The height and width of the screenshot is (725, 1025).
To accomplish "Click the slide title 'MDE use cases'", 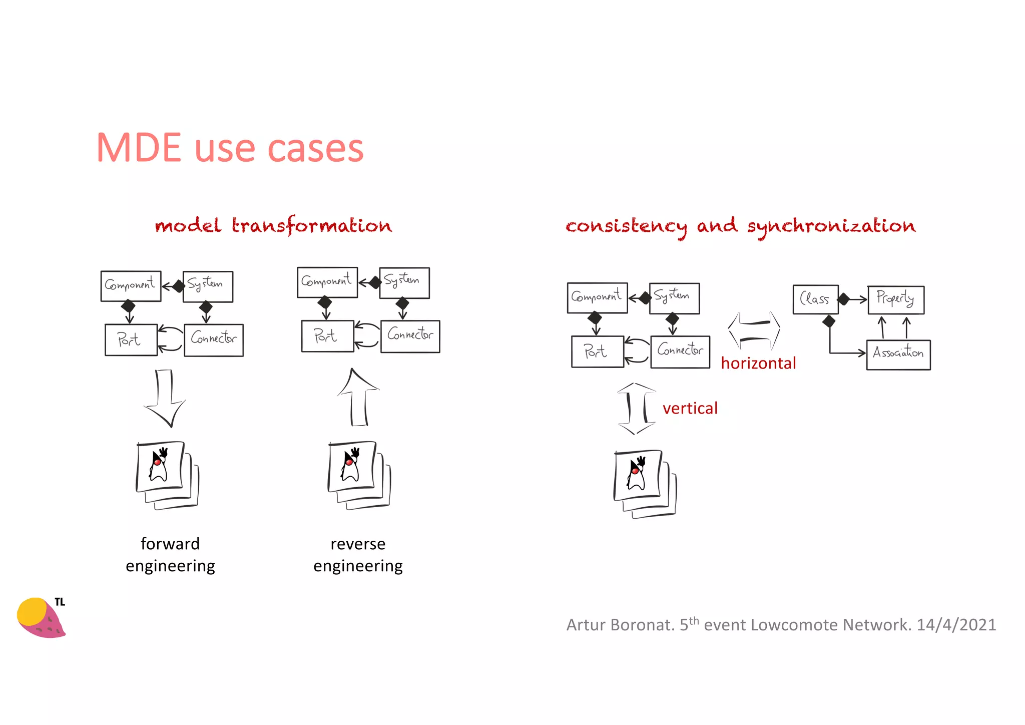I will click(230, 148).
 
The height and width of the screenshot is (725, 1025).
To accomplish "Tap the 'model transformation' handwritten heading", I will click(273, 226).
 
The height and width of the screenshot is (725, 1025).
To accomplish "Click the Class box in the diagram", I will click(815, 299).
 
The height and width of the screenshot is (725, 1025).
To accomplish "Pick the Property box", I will click(895, 299).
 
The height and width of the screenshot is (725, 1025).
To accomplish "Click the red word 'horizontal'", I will click(758, 363).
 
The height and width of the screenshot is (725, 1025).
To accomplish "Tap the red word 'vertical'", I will click(690, 408).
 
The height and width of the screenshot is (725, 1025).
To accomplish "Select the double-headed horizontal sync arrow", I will click(754, 330).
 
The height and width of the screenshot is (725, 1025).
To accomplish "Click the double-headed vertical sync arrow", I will click(636, 409).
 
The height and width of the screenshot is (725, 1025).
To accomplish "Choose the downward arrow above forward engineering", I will click(165, 398).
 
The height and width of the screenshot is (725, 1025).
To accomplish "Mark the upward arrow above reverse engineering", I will click(358, 398).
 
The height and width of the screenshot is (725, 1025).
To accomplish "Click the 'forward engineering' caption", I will click(170, 555).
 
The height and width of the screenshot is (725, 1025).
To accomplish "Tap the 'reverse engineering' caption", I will click(358, 555).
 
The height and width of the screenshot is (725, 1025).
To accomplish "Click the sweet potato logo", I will click(40, 618).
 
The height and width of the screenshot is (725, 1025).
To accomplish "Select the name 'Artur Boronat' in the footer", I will click(620, 625).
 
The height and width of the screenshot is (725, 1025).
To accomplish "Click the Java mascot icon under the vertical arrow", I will click(644, 483).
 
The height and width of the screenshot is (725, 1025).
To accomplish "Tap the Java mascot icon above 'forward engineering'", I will click(167, 475).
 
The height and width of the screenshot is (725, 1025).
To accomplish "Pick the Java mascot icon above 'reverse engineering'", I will click(358, 475).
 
